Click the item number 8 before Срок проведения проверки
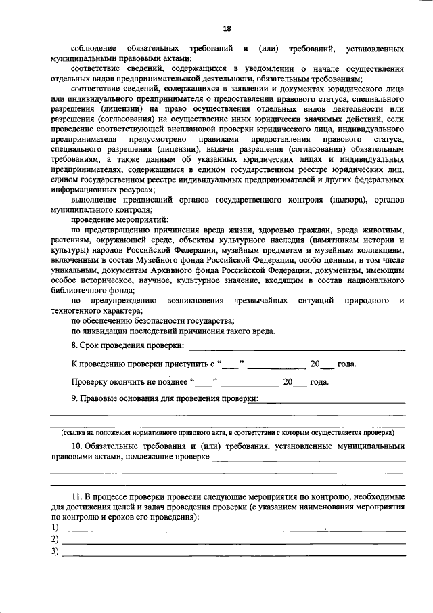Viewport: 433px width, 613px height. click(74, 346)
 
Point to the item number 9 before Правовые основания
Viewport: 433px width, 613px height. click(74, 399)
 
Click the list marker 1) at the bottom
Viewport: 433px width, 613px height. click(55, 527)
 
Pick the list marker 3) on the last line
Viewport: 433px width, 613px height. click(55, 551)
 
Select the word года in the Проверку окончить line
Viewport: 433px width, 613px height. click(319, 382)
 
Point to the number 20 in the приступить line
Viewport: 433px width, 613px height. click(315, 364)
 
